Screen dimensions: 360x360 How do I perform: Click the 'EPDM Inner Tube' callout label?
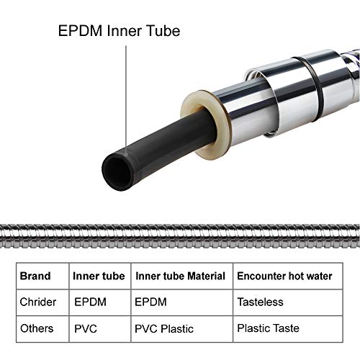[x=119, y=31]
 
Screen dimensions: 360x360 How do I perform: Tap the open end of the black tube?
[x=117, y=171]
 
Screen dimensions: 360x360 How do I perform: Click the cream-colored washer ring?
[x=204, y=125]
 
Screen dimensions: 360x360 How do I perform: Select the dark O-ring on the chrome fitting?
[x=310, y=89]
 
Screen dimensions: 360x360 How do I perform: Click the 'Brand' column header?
[x=35, y=276]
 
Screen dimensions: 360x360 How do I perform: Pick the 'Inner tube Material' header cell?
[x=180, y=276]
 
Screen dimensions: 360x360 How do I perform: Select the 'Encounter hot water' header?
[x=284, y=276]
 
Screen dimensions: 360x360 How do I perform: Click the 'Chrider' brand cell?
[x=38, y=302]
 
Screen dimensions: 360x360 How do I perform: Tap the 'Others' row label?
[x=37, y=328]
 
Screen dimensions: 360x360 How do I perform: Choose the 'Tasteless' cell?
[x=260, y=302]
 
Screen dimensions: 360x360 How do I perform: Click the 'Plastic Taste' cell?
[x=268, y=328]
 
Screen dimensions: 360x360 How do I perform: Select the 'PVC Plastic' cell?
[x=164, y=329]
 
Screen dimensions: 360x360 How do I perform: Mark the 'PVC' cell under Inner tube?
[x=86, y=329]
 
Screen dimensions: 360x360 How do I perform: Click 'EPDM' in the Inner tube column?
[x=90, y=302]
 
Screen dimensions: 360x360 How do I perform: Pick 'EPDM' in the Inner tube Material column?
[x=150, y=302]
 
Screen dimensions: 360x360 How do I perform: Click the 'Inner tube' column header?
[x=99, y=276]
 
